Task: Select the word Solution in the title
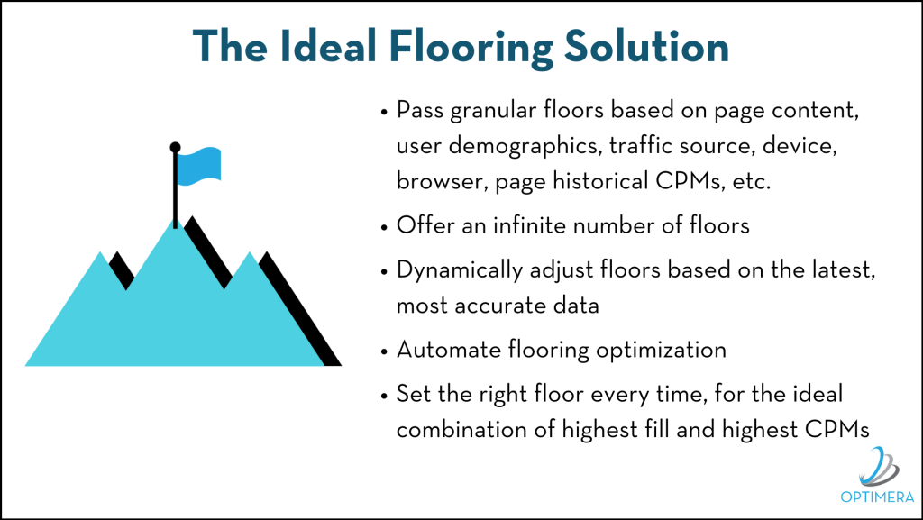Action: coord(646,46)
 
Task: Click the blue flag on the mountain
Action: coord(199,167)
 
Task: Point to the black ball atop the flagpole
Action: coord(175,147)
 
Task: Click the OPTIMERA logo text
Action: coord(877,497)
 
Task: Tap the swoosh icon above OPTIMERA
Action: coord(879,468)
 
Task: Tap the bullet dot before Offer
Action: coord(384,227)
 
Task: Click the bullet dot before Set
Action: coord(384,396)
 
